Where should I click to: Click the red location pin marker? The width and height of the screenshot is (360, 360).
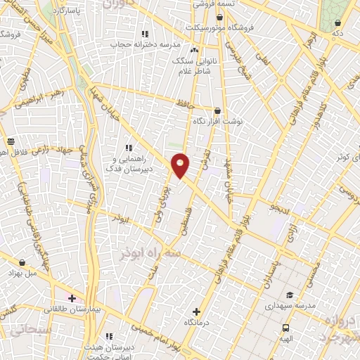(x=180, y=165)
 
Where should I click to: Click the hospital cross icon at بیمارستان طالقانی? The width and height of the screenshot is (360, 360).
(x=72, y=298)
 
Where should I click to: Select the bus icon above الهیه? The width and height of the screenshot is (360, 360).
(x=286, y=328)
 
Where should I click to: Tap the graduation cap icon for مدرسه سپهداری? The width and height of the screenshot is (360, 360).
(x=288, y=295)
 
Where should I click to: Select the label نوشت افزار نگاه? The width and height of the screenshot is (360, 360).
(x=218, y=120)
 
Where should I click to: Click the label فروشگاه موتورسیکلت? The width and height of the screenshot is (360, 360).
(x=222, y=27)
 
